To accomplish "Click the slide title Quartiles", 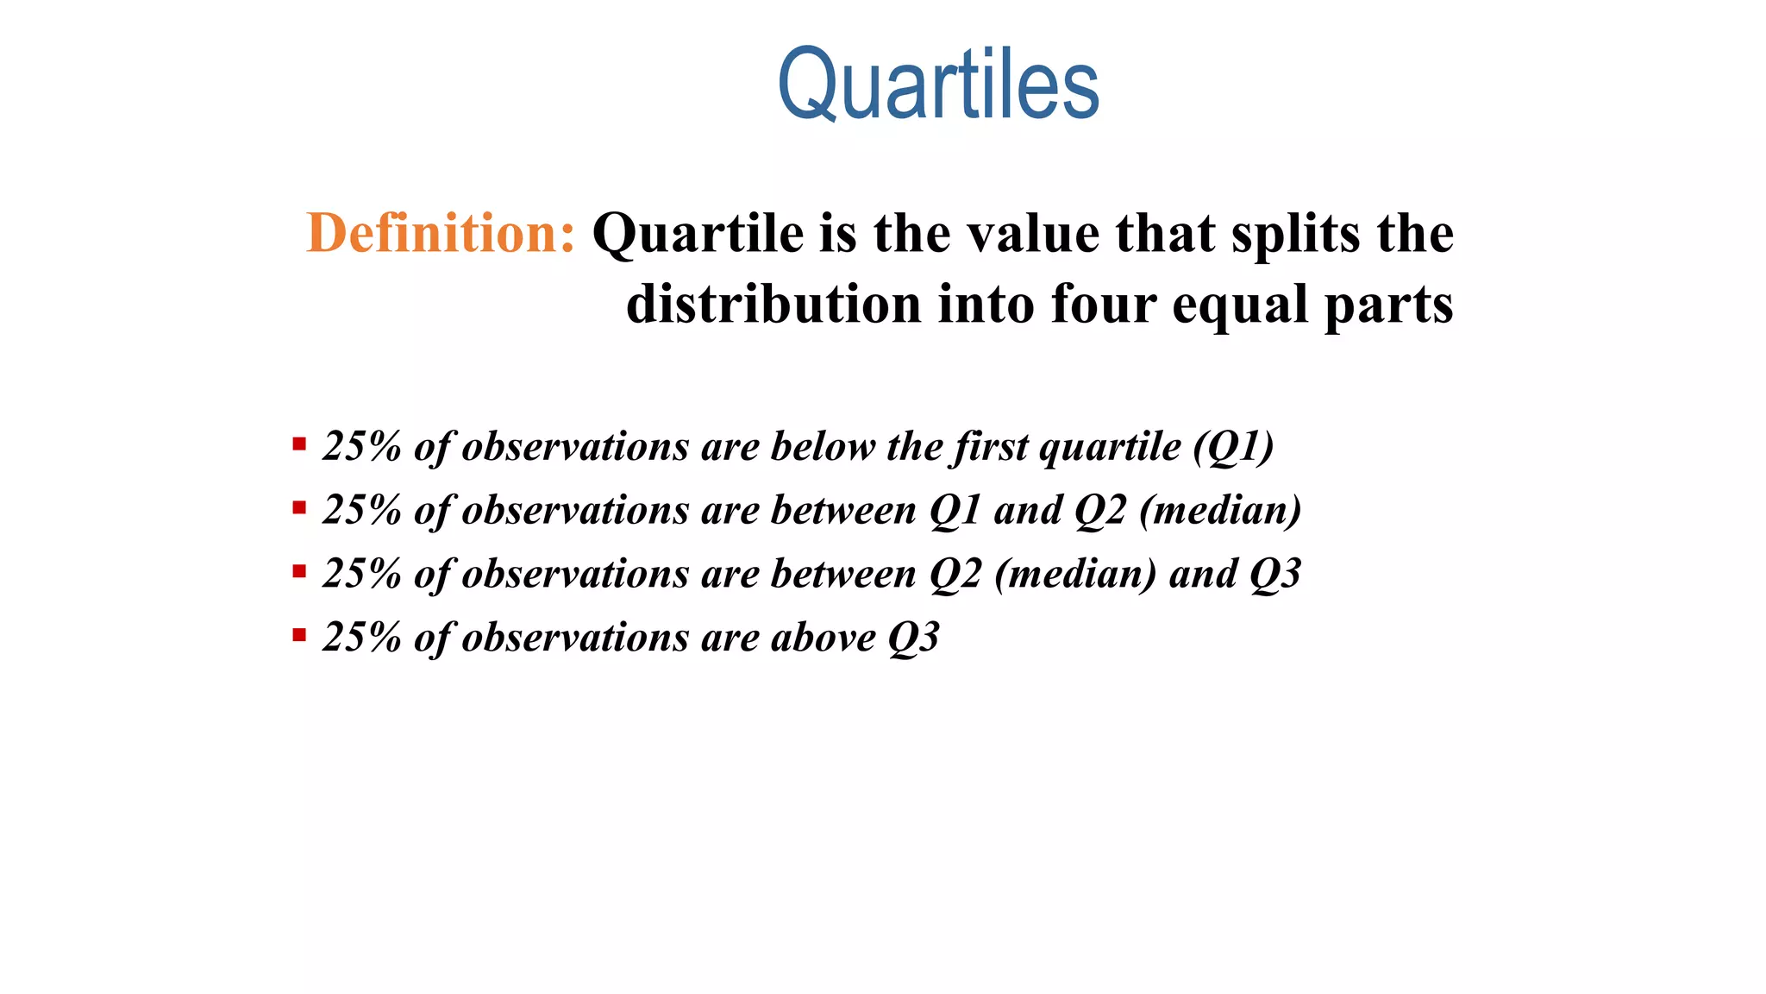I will (938, 85).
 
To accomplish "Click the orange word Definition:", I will (441, 233).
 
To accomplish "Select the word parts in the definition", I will (1389, 306).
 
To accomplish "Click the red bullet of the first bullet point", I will (299, 445).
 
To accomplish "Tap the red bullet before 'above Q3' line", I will (299, 637).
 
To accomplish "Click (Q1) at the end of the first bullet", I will (1234, 447).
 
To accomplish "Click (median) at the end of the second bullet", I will (1220, 510).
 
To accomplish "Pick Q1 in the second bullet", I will (955, 510).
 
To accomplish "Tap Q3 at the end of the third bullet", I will (1274, 574).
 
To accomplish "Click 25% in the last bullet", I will (361, 638).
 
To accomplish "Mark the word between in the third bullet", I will (843, 574).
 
